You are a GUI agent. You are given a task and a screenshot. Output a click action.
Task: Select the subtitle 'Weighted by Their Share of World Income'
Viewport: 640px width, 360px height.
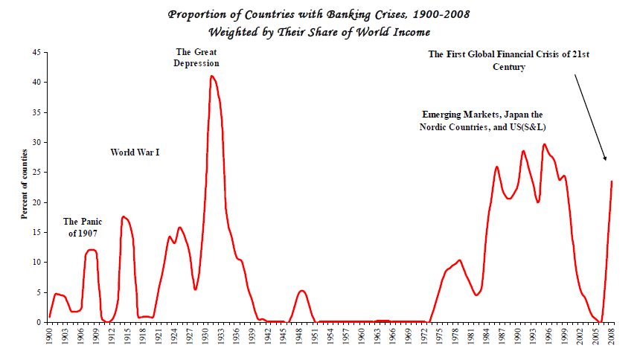point(319,32)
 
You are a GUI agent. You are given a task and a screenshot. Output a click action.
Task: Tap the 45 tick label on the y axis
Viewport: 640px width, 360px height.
point(36,52)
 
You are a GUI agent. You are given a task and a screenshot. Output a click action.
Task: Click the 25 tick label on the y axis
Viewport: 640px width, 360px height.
point(36,173)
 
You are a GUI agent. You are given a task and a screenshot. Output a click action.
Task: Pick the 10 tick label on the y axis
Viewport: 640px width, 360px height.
point(36,263)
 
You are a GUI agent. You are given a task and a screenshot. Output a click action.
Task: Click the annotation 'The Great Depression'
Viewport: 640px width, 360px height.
point(196,57)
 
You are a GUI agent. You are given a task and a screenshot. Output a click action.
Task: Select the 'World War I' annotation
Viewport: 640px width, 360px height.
point(135,152)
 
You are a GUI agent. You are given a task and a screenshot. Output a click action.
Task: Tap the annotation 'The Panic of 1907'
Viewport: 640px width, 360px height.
point(81,227)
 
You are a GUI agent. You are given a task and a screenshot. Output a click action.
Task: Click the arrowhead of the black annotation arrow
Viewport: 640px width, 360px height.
point(606,159)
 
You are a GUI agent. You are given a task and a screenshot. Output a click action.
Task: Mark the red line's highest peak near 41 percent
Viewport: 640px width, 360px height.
point(212,76)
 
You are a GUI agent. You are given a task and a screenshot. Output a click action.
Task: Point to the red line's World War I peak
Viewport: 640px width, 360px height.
point(124,216)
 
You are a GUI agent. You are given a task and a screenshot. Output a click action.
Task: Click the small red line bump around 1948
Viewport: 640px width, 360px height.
point(301,290)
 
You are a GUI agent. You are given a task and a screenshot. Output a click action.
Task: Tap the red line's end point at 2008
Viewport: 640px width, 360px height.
point(612,181)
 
